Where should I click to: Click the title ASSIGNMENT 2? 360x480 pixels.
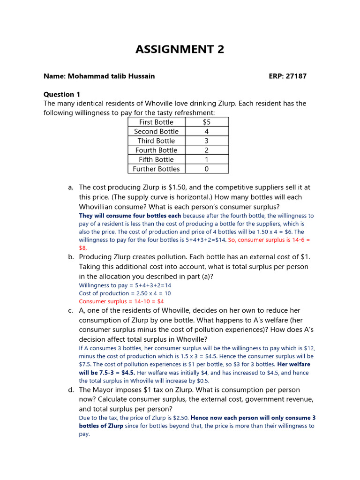coord(180,49)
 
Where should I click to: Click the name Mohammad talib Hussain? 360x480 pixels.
coord(99,76)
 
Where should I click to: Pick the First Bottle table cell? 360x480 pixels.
coord(156,122)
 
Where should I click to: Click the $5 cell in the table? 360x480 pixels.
coord(207,122)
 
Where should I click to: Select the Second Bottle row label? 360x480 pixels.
coord(156,131)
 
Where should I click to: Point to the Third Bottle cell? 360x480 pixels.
coord(156,141)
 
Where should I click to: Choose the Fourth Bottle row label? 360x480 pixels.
coord(156,150)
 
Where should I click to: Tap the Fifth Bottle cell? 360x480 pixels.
coord(156,159)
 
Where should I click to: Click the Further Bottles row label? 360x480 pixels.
coord(156,169)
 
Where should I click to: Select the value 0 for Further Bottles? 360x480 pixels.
coord(207,169)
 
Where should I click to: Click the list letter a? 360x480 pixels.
coord(70,187)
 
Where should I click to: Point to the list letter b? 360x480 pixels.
coord(70,257)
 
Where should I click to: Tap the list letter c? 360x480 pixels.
coord(70,310)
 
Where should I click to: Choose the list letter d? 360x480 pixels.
coord(70,390)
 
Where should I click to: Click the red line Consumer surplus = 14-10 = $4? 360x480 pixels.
coord(121,301)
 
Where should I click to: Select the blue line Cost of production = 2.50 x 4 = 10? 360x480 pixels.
coord(125,293)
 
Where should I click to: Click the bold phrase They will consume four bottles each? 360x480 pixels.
coord(130,216)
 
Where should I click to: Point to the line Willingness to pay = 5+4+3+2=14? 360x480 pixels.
coord(125,285)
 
